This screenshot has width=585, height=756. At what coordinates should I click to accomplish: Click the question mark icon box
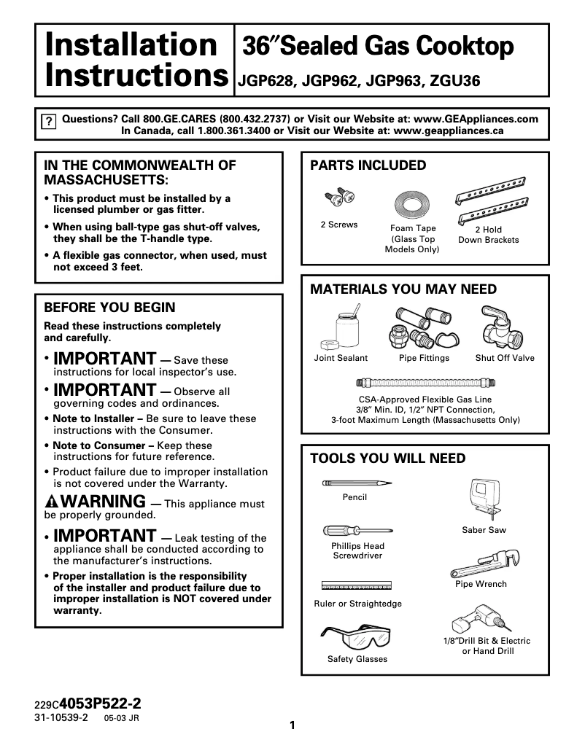coord(48,122)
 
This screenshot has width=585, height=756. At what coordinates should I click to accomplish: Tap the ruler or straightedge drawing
coord(357,585)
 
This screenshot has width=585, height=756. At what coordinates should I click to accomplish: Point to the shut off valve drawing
coord(503,327)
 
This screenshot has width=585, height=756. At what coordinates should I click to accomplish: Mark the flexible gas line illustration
coord(425,382)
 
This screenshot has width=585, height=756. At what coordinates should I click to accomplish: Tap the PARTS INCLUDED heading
coord(368,165)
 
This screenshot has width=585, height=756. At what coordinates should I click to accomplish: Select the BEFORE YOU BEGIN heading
coord(109,308)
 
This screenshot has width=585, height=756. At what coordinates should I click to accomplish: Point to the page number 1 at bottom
coord(292,725)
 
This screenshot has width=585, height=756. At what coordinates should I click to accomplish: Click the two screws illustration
coord(338,197)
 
